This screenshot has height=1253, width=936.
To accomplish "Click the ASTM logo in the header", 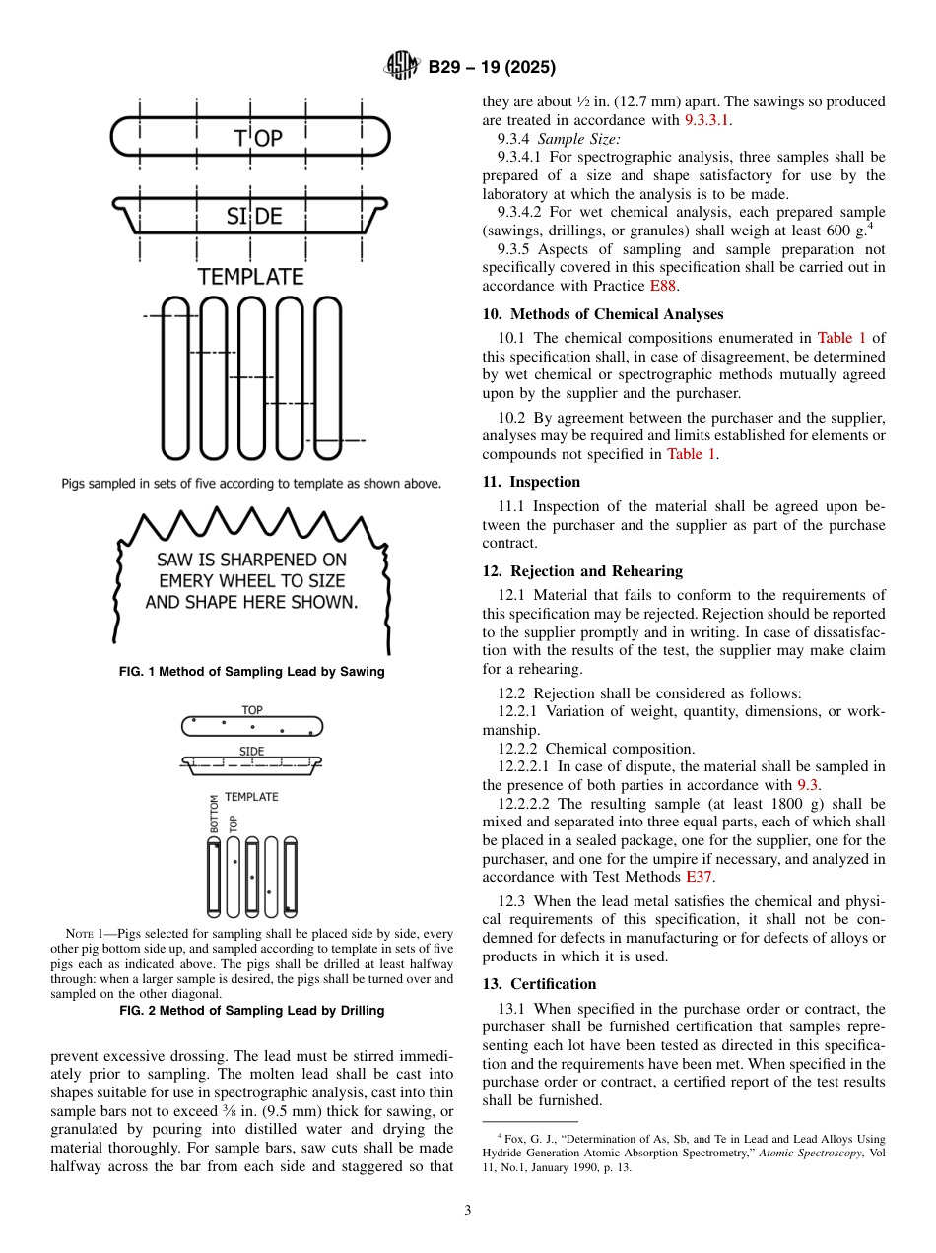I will point(402,67).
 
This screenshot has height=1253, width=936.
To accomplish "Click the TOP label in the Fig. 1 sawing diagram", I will point(258,139).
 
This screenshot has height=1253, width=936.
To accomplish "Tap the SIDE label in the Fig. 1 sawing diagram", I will point(254,216).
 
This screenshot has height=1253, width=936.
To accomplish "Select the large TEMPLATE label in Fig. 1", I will point(250,277).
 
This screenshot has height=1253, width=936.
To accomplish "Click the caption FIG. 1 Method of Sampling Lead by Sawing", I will point(251,672).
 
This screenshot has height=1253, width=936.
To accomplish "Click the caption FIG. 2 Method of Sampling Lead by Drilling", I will point(251,1010).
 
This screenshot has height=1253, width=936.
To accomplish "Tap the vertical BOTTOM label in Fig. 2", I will point(214,815).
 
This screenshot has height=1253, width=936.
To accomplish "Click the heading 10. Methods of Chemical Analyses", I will point(602,314).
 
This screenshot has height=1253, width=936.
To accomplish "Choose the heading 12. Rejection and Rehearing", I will point(582,571).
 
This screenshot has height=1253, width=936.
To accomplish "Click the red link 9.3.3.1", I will point(707,120).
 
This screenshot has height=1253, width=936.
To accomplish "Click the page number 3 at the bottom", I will point(467,1211).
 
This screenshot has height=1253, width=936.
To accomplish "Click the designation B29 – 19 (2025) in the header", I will point(492,67).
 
